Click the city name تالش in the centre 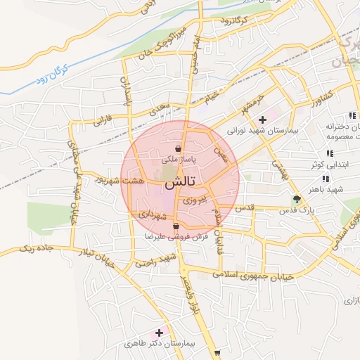(x=179, y=182)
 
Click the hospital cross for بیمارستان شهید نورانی (x=263, y=120)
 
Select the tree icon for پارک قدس (x=297, y=198)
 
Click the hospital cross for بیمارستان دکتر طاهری (x=159, y=332)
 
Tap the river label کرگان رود (x=52, y=77)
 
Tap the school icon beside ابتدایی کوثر (x=328, y=154)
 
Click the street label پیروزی (x=194, y=202)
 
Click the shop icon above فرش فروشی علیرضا (x=175, y=226)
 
